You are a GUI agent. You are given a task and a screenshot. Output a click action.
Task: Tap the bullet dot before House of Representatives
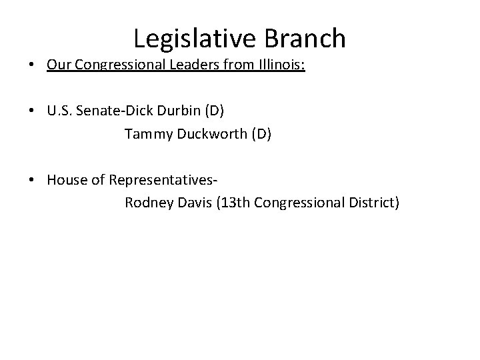[32, 179]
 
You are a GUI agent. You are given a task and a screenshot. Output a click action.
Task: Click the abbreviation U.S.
[61, 111]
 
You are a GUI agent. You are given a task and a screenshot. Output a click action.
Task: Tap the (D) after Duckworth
[261, 134]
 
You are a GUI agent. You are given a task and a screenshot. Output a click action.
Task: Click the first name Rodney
[147, 202]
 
